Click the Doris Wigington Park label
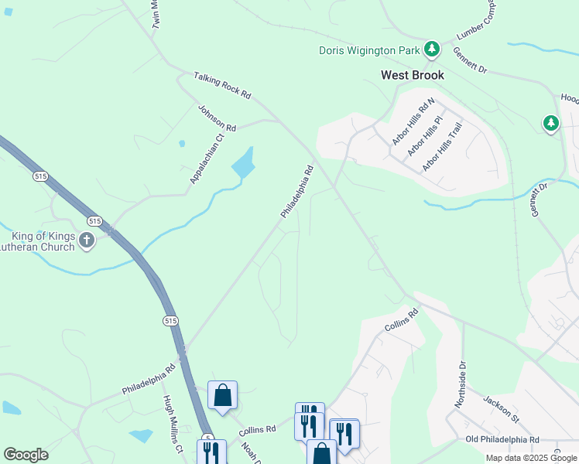pyautogui.click(x=369, y=51)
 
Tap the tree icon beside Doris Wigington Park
pyautogui.click(x=432, y=50)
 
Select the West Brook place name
pyautogui.click(x=413, y=75)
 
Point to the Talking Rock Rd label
pyautogui.click(x=223, y=84)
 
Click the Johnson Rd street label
pyautogui.click(x=217, y=118)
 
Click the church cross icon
pyautogui.click(x=86, y=241)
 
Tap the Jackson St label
pyautogui.click(x=501, y=410)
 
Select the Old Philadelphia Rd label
pyautogui.click(x=502, y=439)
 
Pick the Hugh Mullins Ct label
pyautogui.click(x=172, y=424)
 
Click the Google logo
pyautogui.click(x=26, y=455)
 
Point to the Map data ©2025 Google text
pyautogui.click(x=530, y=458)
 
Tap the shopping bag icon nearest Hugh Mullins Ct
pyautogui.click(x=222, y=396)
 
